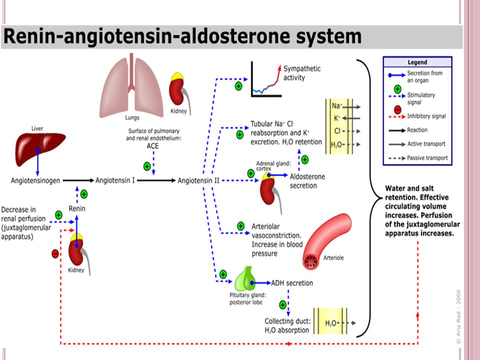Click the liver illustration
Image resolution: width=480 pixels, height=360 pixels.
39,148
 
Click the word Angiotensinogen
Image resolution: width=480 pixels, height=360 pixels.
35,180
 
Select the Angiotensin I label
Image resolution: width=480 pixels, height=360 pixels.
115,180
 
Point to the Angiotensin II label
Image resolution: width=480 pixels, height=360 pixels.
198,180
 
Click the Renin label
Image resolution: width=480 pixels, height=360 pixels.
77,208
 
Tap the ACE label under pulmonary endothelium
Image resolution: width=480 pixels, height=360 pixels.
153,146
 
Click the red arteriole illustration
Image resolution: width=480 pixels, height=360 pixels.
327,242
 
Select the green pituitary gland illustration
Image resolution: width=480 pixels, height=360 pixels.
245,278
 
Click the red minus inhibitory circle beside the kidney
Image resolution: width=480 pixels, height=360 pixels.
55,253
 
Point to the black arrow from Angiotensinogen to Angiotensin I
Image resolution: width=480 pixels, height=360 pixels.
78,180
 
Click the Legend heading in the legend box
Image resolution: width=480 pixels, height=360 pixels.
417,62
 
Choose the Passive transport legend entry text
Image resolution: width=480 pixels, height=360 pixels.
427,158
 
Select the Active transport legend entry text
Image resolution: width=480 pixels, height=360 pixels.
426,144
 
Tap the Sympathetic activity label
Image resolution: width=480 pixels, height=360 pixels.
302,73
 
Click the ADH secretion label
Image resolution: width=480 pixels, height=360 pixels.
292,283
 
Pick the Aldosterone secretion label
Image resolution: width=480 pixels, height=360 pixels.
307,181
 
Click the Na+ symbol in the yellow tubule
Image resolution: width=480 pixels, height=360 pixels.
336,106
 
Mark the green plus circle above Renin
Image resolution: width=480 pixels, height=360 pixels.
84,194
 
